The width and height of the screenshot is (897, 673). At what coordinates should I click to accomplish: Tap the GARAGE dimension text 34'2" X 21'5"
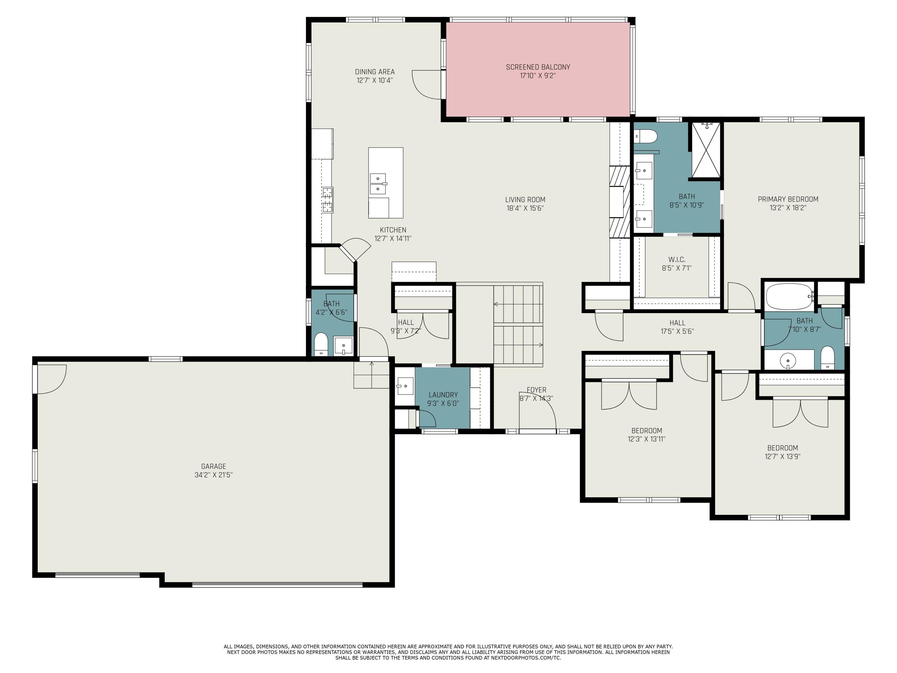[x=214, y=475]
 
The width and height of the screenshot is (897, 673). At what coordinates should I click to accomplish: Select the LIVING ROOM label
[x=525, y=200]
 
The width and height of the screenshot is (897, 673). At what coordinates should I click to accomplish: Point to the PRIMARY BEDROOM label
[x=788, y=199]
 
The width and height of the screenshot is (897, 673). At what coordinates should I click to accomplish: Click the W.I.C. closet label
[x=676, y=260]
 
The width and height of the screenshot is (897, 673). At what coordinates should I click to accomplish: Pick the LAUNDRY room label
[x=443, y=395]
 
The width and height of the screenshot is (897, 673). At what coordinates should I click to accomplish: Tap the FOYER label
[x=536, y=390]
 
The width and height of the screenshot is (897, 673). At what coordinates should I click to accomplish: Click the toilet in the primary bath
[x=646, y=136]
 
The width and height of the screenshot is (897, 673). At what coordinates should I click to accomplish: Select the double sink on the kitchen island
[x=378, y=184]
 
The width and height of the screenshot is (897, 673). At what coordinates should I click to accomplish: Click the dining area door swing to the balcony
[x=427, y=84]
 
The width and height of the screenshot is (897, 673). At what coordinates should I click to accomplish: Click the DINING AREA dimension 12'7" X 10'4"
[x=375, y=80]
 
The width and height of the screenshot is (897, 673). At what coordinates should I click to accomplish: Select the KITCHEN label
[x=393, y=230]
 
